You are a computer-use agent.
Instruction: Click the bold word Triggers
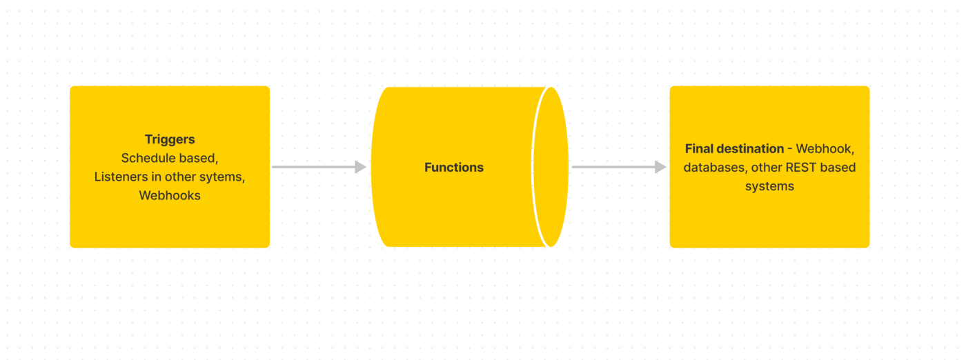click(170, 139)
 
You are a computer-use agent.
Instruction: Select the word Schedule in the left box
click(148, 158)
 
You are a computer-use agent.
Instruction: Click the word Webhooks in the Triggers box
click(170, 195)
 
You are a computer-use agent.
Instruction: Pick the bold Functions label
click(454, 167)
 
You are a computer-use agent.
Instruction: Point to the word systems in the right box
click(769, 186)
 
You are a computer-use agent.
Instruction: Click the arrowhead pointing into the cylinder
click(360, 167)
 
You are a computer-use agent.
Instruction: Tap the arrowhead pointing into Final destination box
click(660, 167)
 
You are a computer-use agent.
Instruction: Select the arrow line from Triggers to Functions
click(314, 167)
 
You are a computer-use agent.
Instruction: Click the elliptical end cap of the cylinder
click(551, 167)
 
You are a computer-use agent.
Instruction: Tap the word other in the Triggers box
click(180, 177)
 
